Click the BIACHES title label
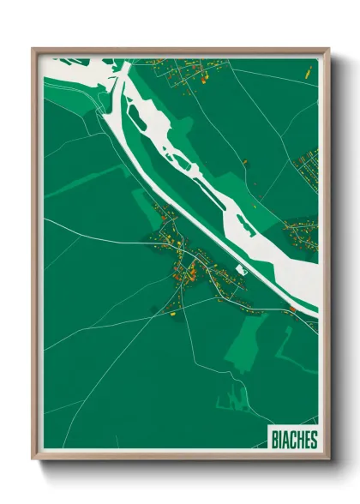pos(292,440)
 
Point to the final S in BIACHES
pos(313,440)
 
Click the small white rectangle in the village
pos(241,271)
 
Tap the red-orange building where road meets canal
pos(293,309)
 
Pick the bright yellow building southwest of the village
pos(171,314)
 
